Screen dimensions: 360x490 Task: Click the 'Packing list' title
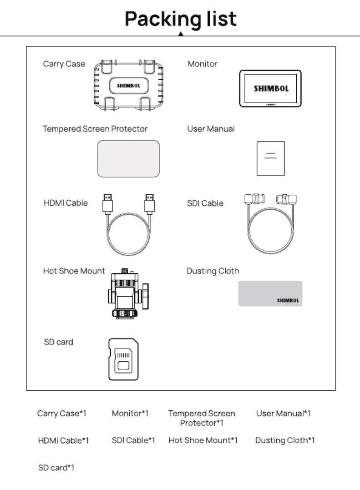pos(181,20)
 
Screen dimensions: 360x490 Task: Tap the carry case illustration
pos(128,86)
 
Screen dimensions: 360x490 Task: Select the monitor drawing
pos(270,89)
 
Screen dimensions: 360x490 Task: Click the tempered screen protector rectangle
pos(128,159)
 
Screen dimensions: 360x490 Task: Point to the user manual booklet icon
pos(271,159)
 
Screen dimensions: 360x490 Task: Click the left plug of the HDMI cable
pos(107,204)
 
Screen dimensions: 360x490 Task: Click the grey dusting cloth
pos(270,293)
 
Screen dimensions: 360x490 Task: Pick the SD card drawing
pos(123,359)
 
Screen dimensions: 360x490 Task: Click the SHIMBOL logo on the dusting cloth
pos(288,300)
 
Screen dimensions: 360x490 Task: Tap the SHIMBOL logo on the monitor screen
pos(271,88)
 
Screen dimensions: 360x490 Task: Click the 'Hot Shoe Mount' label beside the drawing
pos(74,271)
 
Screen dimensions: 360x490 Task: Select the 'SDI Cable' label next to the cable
pos(205,203)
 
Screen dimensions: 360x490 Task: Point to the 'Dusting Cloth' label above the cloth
pos(213,271)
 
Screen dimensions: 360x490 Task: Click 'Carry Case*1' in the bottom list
pos(61,414)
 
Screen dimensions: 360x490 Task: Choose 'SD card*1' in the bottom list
pos(56,468)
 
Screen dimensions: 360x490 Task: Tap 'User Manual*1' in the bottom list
pos(284,414)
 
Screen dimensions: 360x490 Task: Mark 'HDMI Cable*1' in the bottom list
pos(63,440)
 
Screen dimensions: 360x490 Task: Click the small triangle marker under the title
pos(181,34)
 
